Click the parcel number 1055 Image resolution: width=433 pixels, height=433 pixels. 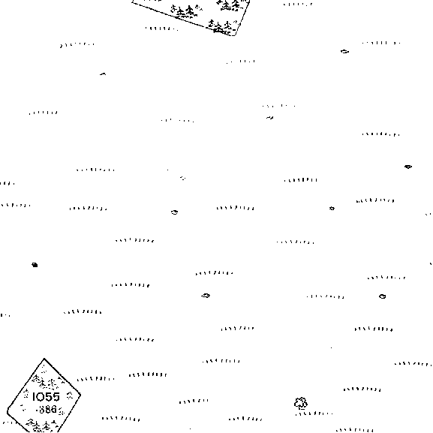tap(46, 397)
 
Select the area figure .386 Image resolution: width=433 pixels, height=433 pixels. tap(47, 409)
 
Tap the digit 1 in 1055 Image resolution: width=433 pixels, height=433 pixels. tap(34, 397)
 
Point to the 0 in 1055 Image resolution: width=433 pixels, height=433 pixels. tap(41, 397)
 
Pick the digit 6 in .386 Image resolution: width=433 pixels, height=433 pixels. tap(54, 409)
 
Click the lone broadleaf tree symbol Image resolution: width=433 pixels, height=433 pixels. tap(301, 403)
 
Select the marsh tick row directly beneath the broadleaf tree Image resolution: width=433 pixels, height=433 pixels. tap(314, 413)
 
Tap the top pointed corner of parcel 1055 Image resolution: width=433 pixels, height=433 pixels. tap(44, 359)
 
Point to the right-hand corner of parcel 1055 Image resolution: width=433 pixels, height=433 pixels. tap(80, 395)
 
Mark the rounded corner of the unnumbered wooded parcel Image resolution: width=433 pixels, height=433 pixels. tap(236, 35)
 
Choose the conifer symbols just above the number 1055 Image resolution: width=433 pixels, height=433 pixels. tap(46, 382)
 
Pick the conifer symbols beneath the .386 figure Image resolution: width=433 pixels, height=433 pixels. tap(42, 425)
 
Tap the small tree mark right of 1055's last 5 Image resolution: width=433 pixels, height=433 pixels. tap(70, 395)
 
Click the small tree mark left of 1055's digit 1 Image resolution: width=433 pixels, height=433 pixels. tap(26, 393)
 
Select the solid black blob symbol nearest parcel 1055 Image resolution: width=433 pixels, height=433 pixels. tap(35, 265)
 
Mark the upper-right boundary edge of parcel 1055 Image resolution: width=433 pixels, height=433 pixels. tap(62, 377)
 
